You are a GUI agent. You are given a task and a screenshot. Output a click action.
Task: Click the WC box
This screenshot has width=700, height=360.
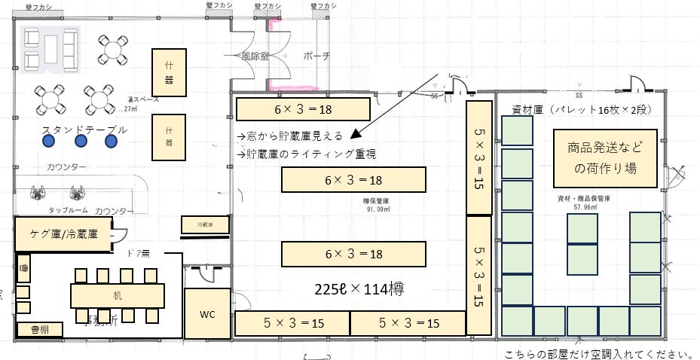[x=207, y=313]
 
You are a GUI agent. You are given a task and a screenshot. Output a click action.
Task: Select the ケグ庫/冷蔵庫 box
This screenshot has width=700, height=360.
[x=64, y=234]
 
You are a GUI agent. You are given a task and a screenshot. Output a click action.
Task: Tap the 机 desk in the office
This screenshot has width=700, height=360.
[x=118, y=294]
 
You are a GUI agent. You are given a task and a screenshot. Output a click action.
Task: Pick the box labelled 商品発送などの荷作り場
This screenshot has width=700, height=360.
[x=605, y=158]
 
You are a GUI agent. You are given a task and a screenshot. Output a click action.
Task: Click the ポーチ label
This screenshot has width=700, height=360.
[x=316, y=56]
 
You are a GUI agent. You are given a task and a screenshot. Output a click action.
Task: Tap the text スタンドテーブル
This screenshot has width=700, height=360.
[x=84, y=130]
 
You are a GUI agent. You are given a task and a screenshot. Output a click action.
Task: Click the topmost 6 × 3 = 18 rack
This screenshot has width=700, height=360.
[x=303, y=109]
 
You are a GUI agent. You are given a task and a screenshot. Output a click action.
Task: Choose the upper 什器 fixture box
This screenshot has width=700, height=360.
[x=170, y=73]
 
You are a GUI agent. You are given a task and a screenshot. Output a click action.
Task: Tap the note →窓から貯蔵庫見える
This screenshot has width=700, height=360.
[x=289, y=136]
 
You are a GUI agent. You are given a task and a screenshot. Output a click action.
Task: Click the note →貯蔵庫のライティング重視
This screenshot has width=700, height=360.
[x=306, y=154]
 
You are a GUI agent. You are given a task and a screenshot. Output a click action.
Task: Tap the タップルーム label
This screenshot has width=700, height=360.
[x=70, y=211]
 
